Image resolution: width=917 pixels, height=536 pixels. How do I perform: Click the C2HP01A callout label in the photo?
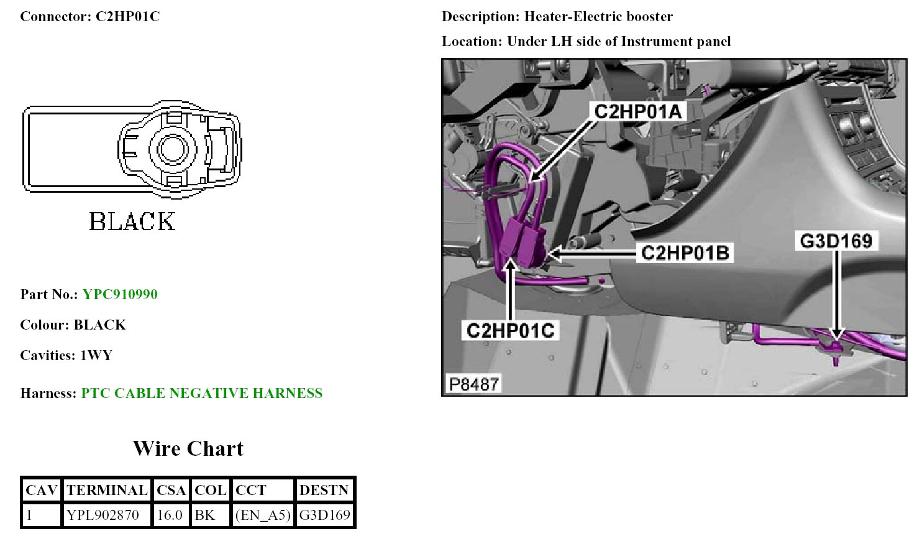pos(638,112)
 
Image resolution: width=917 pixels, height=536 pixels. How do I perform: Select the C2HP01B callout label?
pos(685,253)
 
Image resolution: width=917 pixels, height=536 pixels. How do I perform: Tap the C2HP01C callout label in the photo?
pos(510,330)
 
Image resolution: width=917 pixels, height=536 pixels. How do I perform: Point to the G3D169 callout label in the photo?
pos(836,241)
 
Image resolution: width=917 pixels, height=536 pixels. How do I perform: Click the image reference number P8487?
pos(474,384)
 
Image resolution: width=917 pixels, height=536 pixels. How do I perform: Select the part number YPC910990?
pos(120,294)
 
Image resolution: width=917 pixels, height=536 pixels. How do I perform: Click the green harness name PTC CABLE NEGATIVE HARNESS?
pos(202,393)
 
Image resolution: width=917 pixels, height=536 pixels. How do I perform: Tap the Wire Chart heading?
pos(188,448)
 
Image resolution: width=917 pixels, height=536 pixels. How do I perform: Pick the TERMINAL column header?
pos(107,490)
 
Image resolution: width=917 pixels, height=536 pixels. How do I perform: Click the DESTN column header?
pos(324,490)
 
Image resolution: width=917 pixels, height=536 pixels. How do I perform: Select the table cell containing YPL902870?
pos(103,515)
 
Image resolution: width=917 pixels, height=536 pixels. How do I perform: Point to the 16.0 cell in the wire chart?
pos(170,515)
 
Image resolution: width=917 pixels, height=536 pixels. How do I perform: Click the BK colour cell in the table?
pos(204,515)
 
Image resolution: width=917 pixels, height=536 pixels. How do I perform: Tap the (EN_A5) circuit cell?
pos(263,515)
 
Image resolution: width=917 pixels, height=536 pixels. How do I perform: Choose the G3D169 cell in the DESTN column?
pos(324,515)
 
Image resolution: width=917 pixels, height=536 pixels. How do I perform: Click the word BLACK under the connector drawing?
pos(132,221)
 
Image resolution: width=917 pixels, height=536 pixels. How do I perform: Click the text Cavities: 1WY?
pos(66,355)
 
